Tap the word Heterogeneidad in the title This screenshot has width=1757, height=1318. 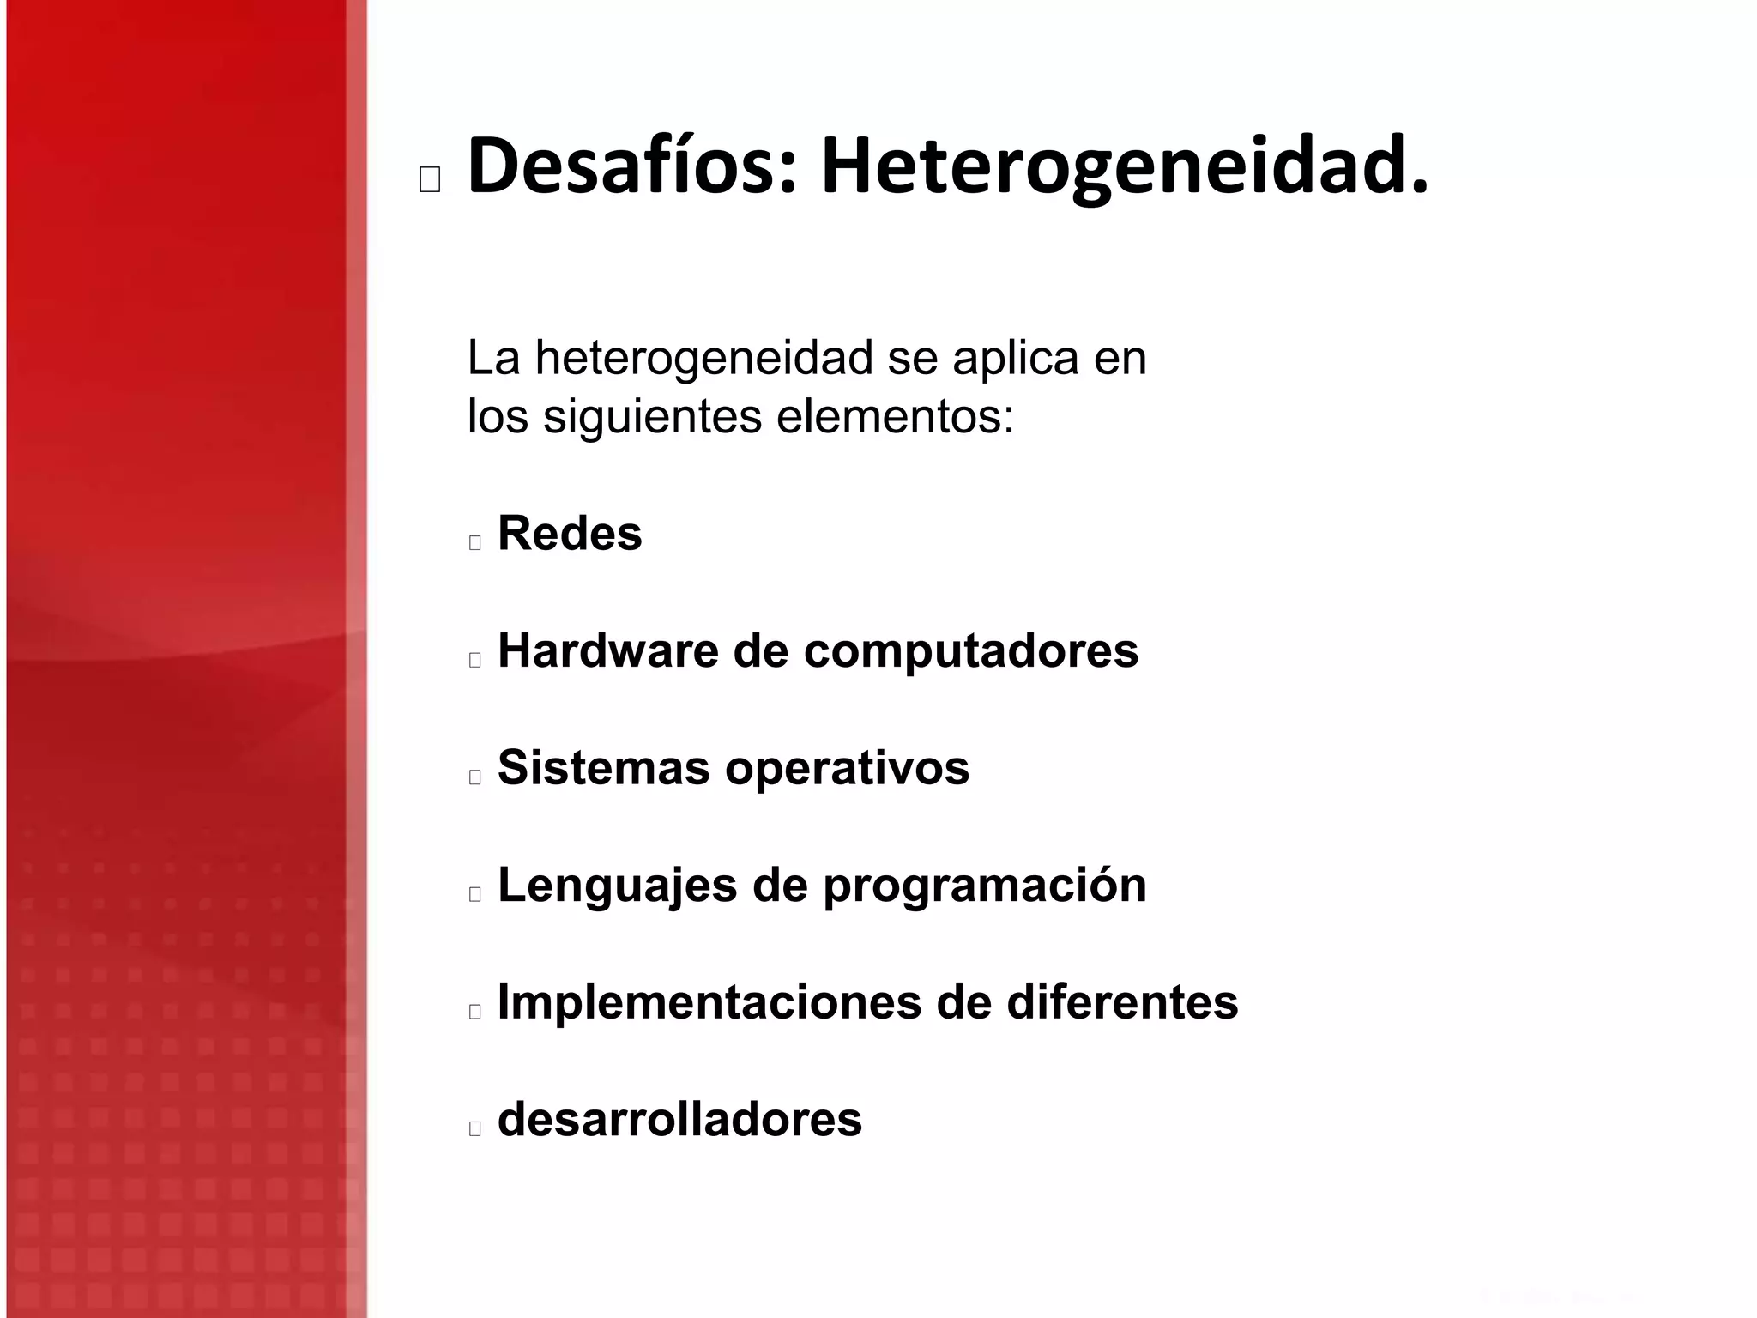1124,168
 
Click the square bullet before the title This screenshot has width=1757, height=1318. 430,179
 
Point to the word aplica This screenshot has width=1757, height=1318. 1015,359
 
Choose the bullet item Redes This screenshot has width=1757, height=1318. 570,534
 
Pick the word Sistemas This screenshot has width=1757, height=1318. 603,767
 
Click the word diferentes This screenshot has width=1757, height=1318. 1121,1002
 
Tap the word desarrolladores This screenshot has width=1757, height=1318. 679,1120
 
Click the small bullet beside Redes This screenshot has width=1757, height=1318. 475,542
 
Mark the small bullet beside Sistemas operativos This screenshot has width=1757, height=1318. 475,777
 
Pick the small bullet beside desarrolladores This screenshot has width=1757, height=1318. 475,1128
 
